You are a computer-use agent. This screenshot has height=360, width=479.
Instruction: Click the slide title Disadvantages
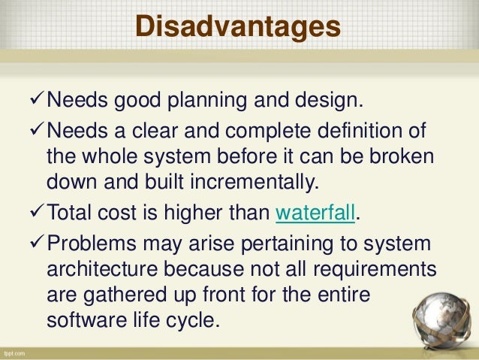coord(238,26)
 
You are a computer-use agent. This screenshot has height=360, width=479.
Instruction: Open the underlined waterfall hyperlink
coord(314,213)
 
